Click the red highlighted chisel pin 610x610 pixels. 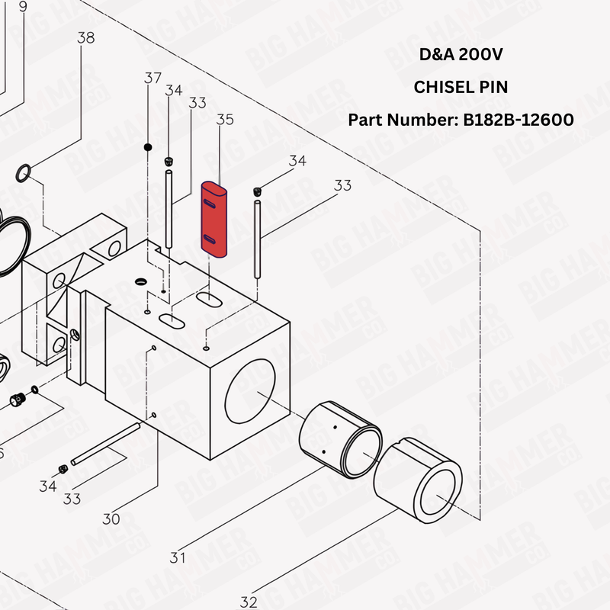tap(213, 220)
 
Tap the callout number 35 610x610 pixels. tap(225, 120)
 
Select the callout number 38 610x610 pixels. tap(86, 38)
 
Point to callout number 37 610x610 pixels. tap(152, 77)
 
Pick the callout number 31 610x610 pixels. tap(178, 557)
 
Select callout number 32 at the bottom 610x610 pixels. tap(249, 602)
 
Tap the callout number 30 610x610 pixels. tap(111, 519)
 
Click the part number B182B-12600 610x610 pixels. tap(517, 120)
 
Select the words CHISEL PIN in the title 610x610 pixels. tap(461, 88)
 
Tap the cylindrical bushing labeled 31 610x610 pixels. tap(341, 440)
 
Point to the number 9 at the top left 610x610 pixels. tap(22, 6)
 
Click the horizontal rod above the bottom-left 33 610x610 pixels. tap(107, 444)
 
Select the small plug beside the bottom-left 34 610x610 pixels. tap(63, 467)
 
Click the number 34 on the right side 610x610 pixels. tap(297, 161)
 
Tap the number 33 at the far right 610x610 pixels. tap(342, 185)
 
